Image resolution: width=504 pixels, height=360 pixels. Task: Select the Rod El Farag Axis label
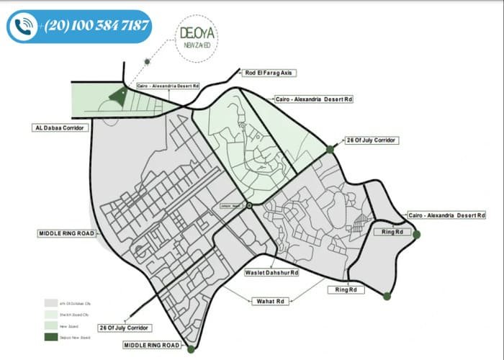(270, 73)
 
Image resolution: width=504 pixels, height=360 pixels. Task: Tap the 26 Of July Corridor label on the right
(372, 140)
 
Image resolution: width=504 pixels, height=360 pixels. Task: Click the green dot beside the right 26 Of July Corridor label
(330, 149)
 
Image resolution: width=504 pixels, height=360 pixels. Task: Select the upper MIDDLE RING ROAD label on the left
(66, 234)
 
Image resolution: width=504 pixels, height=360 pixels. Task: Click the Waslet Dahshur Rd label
(271, 274)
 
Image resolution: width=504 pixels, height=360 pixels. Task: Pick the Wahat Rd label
(269, 300)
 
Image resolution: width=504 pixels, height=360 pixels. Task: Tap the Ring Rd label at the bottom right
(346, 289)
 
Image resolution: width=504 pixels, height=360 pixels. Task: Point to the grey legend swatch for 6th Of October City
(50, 302)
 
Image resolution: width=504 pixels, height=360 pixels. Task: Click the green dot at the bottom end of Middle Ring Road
(191, 350)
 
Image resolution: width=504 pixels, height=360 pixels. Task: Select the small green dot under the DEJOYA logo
(147, 62)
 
